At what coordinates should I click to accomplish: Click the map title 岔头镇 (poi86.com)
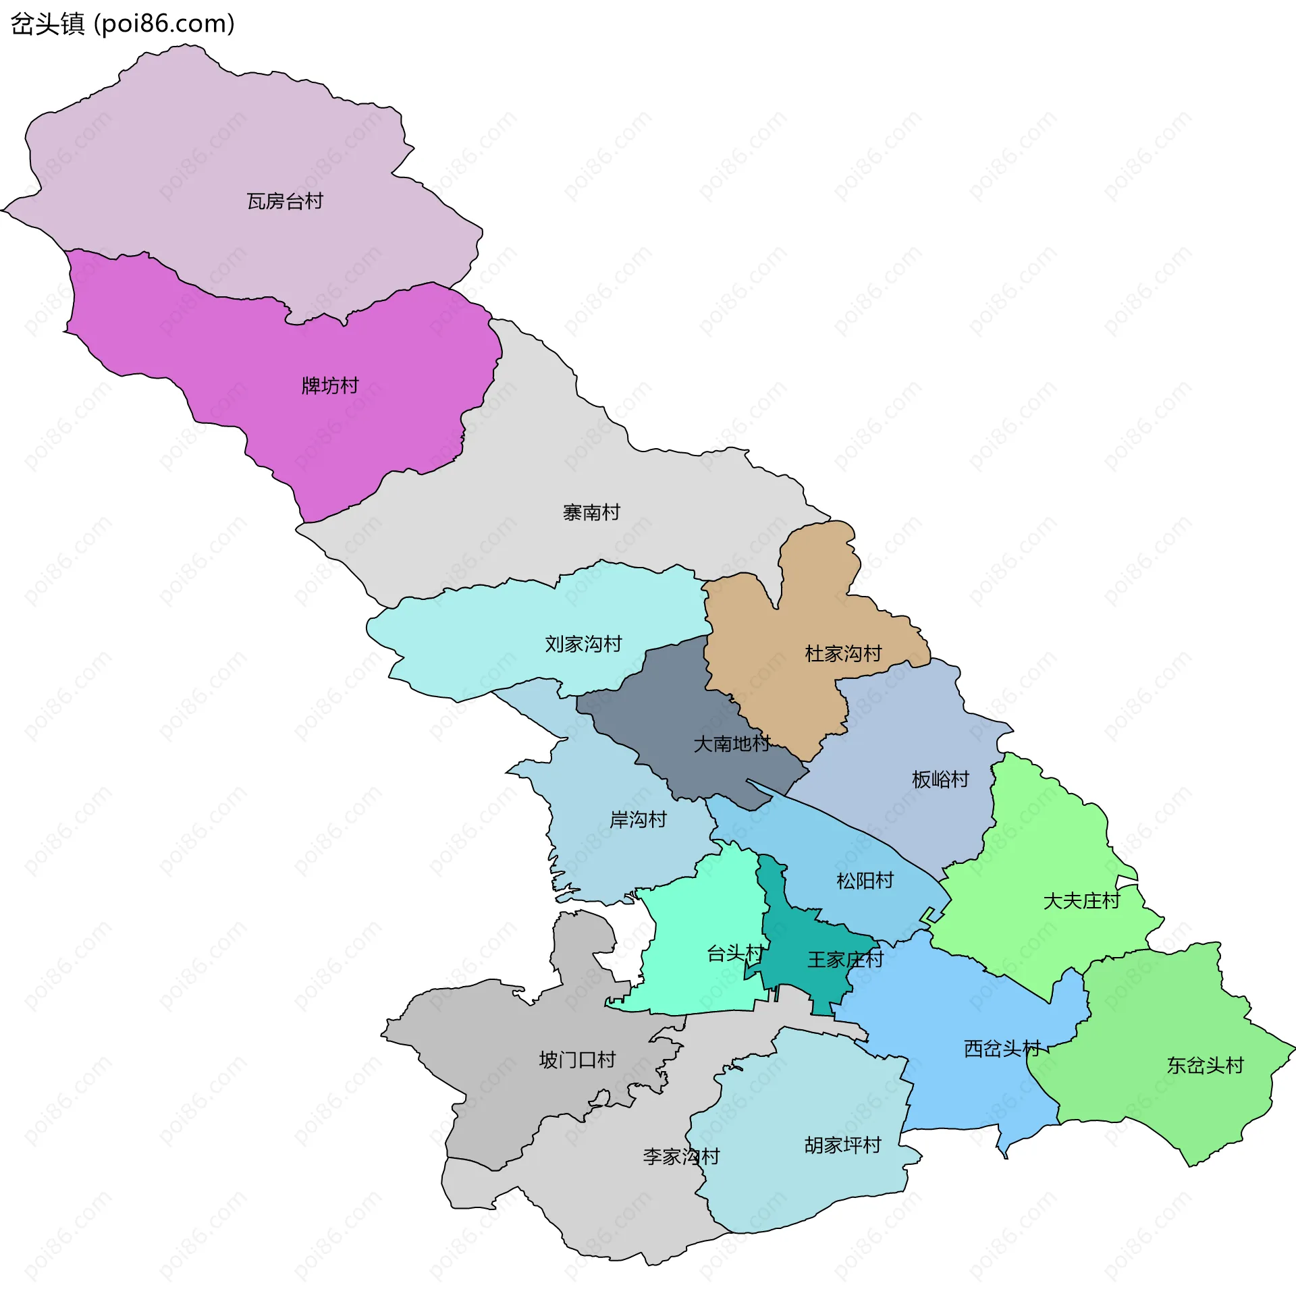pos(123,24)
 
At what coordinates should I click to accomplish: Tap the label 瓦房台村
pos(285,201)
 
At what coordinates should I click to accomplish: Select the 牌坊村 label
pos(330,386)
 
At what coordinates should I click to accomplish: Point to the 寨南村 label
pos(591,513)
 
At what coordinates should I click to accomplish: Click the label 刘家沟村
pos(583,643)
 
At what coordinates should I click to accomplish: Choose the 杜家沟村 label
pos(843,653)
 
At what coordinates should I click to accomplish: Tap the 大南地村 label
pos(732,744)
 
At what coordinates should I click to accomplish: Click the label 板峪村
pos(941,780)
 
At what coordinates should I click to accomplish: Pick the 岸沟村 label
pos(638,820)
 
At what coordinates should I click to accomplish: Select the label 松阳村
pos(865,881)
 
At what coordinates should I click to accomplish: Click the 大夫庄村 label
pos(1082,901)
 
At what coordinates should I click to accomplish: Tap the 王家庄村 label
pos(846,960)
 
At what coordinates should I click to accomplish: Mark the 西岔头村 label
pos(1002,1049)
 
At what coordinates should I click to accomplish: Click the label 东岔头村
pos(1205,1066)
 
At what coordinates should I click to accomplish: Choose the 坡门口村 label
pos(577,1060)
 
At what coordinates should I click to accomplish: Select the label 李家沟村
pos(681,1157)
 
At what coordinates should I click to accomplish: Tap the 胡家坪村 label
pos(843,1145)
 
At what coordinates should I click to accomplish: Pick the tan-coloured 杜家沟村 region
pos(814,610)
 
